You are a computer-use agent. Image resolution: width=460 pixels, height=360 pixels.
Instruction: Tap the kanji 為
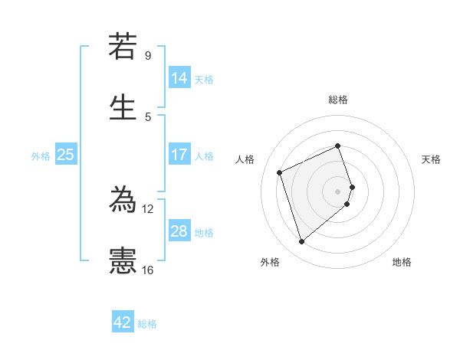(x=123, y=201)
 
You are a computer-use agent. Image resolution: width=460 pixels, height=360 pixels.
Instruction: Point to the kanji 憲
(x=123, y=261)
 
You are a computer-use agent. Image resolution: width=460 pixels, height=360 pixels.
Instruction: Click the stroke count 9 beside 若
(x=148, y=56)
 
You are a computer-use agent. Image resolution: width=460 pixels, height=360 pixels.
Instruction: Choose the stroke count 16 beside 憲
(x=148, y=270)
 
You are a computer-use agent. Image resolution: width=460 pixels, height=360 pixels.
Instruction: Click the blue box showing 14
(x=179, y=78)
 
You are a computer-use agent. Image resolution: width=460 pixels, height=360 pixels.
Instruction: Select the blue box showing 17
(x=179, y=155)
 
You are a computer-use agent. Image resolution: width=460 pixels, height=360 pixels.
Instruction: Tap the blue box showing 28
(x=179, y=231)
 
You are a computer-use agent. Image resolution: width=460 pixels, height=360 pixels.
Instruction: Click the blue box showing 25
(x=65, y=155)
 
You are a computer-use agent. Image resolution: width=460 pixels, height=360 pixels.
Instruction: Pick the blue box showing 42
(x=123, y=322)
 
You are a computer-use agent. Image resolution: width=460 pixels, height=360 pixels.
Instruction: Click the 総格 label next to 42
(x=147, y=324)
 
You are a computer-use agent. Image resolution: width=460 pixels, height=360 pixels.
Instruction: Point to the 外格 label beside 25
(x=41, y=156)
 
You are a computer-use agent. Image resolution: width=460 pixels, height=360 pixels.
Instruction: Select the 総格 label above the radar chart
(x=338, y=100)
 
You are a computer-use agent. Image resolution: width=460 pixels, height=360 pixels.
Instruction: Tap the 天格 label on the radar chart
(x=431, y=159)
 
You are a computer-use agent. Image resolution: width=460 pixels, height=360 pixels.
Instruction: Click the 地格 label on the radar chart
(x=402, y=262)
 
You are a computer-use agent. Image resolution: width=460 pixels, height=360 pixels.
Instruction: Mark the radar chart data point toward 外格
(x=301, y=242)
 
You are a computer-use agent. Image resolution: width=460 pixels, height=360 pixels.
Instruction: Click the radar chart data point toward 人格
(x=281, y=172)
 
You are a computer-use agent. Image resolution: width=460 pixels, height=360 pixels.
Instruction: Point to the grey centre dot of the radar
(x=338, y=191)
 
